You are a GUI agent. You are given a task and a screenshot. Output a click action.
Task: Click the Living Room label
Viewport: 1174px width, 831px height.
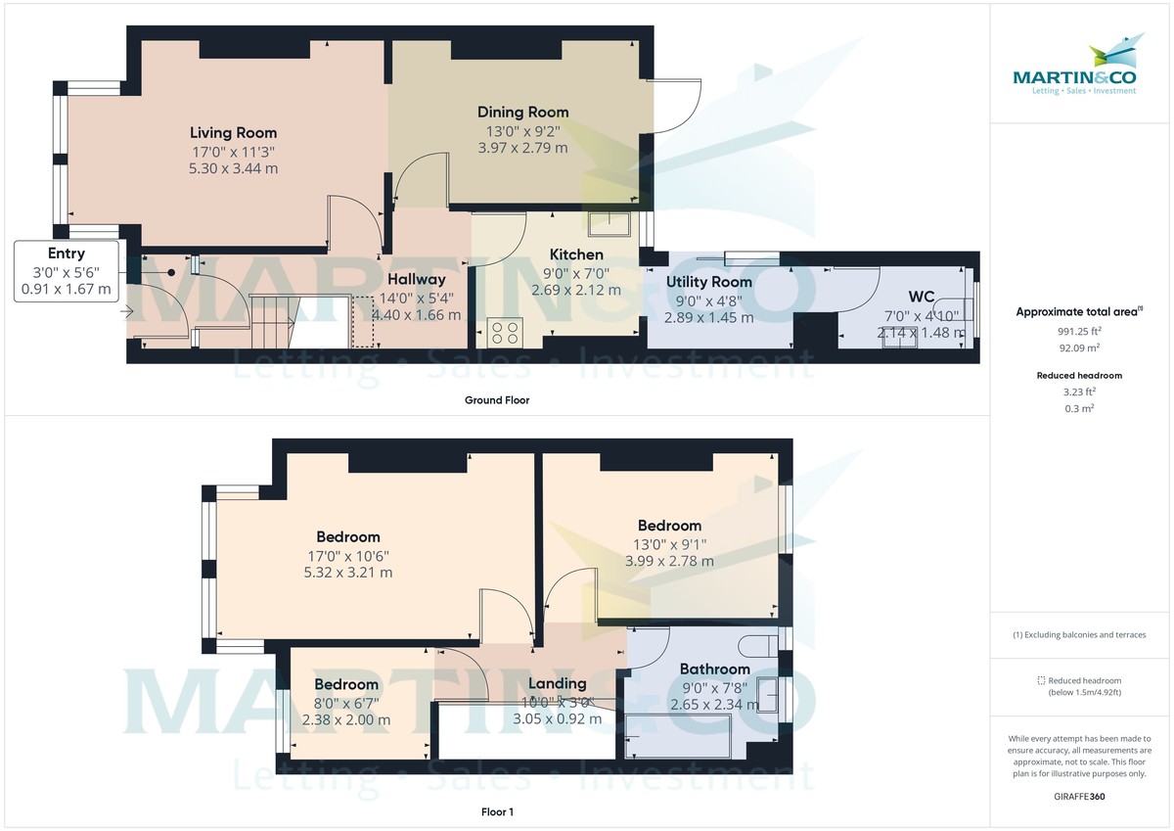pos(233,132)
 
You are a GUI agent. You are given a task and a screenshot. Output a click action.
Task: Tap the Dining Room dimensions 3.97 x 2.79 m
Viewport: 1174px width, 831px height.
pos(522,148)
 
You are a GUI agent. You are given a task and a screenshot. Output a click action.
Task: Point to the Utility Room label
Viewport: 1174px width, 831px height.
pos(709,282)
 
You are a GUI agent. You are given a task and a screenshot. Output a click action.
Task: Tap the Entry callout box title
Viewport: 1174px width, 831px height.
pos(67,254)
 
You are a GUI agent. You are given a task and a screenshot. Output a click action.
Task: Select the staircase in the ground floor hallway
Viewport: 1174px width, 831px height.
pos(274,319)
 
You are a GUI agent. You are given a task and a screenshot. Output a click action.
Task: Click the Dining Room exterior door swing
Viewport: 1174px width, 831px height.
pos(675,105)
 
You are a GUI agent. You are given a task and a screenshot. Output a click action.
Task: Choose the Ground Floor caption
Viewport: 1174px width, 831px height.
pos(497,400)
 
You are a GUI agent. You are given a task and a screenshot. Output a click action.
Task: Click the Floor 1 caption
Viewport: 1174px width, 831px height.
pos(497,811)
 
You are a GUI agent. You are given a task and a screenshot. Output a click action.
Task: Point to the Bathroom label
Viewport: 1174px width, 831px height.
pos(714,669)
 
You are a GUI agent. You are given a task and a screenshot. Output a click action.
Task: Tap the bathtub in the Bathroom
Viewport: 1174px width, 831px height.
pos(677,735)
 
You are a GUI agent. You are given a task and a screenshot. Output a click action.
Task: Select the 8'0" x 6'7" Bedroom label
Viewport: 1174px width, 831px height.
pos(345,684)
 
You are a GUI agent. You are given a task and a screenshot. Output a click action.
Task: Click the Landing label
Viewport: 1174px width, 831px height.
pos(557,683)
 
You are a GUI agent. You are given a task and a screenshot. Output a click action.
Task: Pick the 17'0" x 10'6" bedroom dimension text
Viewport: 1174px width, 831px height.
pos(347,555)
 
